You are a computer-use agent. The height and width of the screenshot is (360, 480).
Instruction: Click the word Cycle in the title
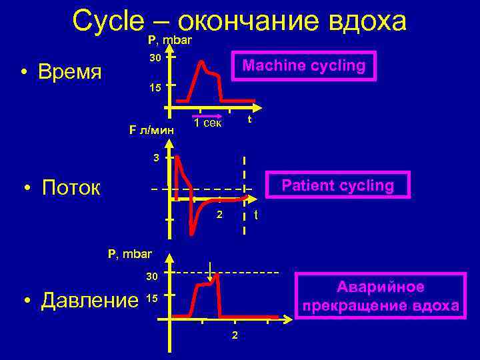107,21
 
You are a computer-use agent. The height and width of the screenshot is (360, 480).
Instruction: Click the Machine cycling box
303,66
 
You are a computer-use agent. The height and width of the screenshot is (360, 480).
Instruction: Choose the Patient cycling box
338,185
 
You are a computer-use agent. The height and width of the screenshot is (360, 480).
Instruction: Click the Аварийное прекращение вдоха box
380,297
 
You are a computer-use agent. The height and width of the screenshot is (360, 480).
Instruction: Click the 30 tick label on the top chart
155,58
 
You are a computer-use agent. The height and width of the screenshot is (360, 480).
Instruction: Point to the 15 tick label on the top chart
155,87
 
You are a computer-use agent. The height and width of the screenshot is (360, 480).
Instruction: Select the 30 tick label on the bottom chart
153,276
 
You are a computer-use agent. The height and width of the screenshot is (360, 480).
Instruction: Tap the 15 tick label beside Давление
151,299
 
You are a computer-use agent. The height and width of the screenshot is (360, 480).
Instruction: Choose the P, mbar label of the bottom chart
130,253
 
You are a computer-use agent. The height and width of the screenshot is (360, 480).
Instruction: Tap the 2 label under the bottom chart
234,334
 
